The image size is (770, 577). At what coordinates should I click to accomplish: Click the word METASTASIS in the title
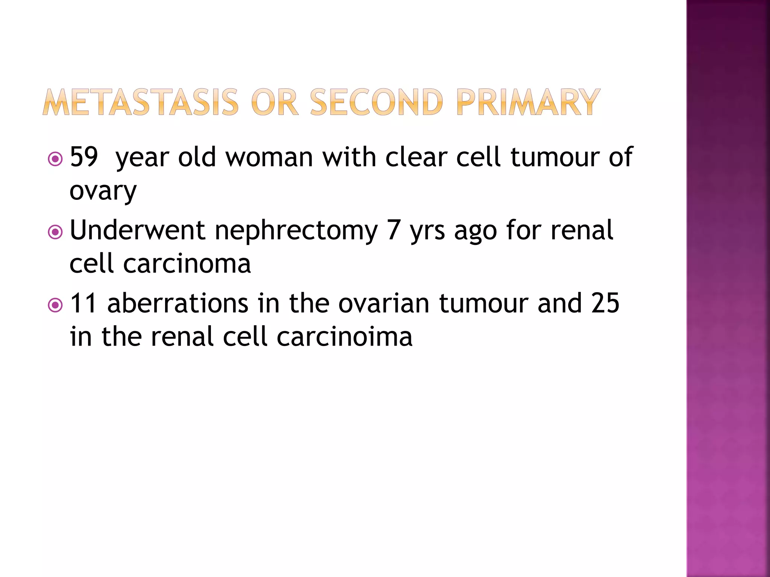(x=140, y=102)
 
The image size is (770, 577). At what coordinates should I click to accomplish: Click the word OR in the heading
(x=274, y=102)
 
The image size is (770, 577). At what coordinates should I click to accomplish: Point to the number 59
(x=84, y=157)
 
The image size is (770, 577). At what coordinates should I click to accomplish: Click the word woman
(x=269, y=157)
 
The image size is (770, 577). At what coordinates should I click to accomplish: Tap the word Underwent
(x=137, y=230)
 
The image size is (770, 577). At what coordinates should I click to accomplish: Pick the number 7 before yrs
(x=393, y=230)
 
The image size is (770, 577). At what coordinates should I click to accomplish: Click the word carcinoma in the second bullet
(x=187, y=264)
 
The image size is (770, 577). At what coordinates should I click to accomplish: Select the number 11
(x=83, y=303)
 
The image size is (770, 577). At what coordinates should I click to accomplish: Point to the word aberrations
(x=177, y=303)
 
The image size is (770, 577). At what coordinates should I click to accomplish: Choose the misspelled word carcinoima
(x=344, y=337)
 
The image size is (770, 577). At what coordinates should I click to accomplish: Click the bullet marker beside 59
(x=56, y=159)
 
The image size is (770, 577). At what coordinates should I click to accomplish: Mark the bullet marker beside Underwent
(x=56, y=232)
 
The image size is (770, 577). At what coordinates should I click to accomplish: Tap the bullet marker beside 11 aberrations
(x=56, y=305)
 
